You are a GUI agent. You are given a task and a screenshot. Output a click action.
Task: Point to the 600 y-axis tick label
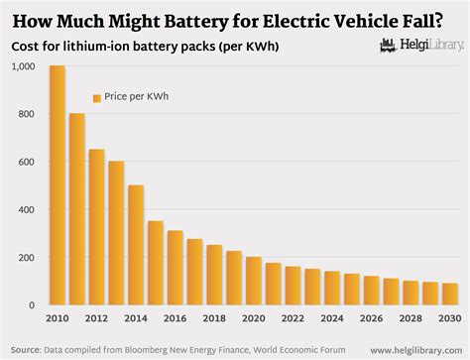[26, 163]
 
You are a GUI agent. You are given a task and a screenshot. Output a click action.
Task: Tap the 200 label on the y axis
[26, 258]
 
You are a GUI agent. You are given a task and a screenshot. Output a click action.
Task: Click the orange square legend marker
[97, 97]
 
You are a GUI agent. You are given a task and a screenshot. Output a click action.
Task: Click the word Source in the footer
[24, 349]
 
